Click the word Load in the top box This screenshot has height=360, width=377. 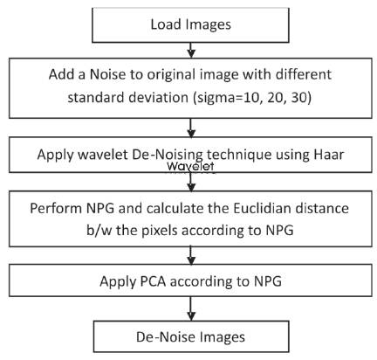(164, 24)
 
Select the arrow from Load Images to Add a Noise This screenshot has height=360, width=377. (191, 50)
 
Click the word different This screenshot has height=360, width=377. (304, 74)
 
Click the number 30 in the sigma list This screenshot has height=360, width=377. (299, 98)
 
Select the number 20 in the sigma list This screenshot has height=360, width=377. (276, 98)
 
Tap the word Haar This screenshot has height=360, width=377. (329, 155)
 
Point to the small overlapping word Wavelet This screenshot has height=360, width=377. (190, 166)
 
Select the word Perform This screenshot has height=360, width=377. (56, 208)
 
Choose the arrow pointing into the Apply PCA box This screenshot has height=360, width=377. (191, 255)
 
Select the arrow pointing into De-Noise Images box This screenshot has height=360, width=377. (191, 308)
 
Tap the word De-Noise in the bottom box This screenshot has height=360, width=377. (161, 337)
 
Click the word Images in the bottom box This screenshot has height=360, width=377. (218, 338)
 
